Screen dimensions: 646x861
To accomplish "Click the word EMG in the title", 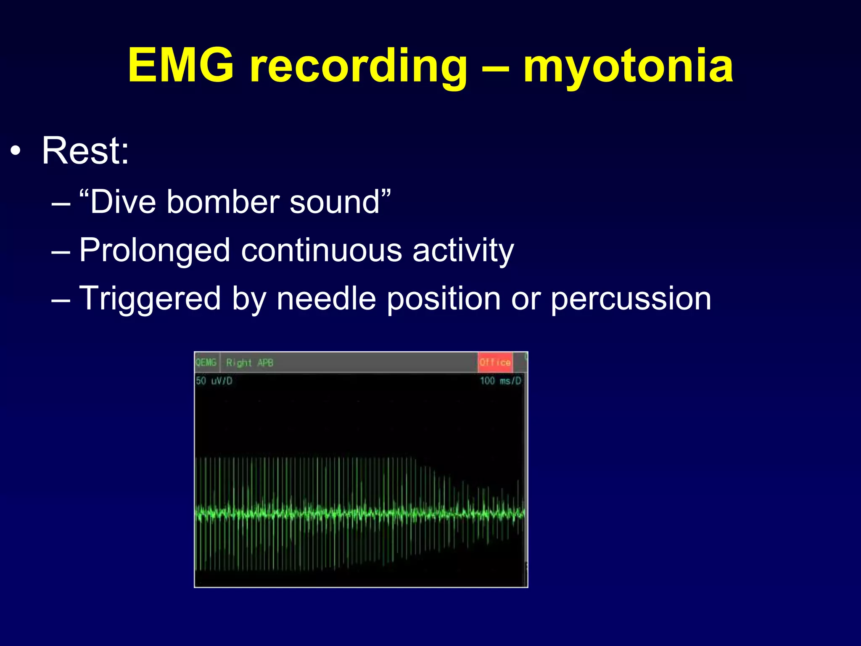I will [181, 65].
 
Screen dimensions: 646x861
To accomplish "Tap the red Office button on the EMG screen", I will [495, 363].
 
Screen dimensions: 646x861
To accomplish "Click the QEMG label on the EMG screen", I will [206, 363].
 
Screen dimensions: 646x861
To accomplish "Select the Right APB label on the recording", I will [250, 363].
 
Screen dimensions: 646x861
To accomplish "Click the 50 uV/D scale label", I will [214, 381].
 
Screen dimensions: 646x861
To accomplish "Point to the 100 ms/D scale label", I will [500, 381].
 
